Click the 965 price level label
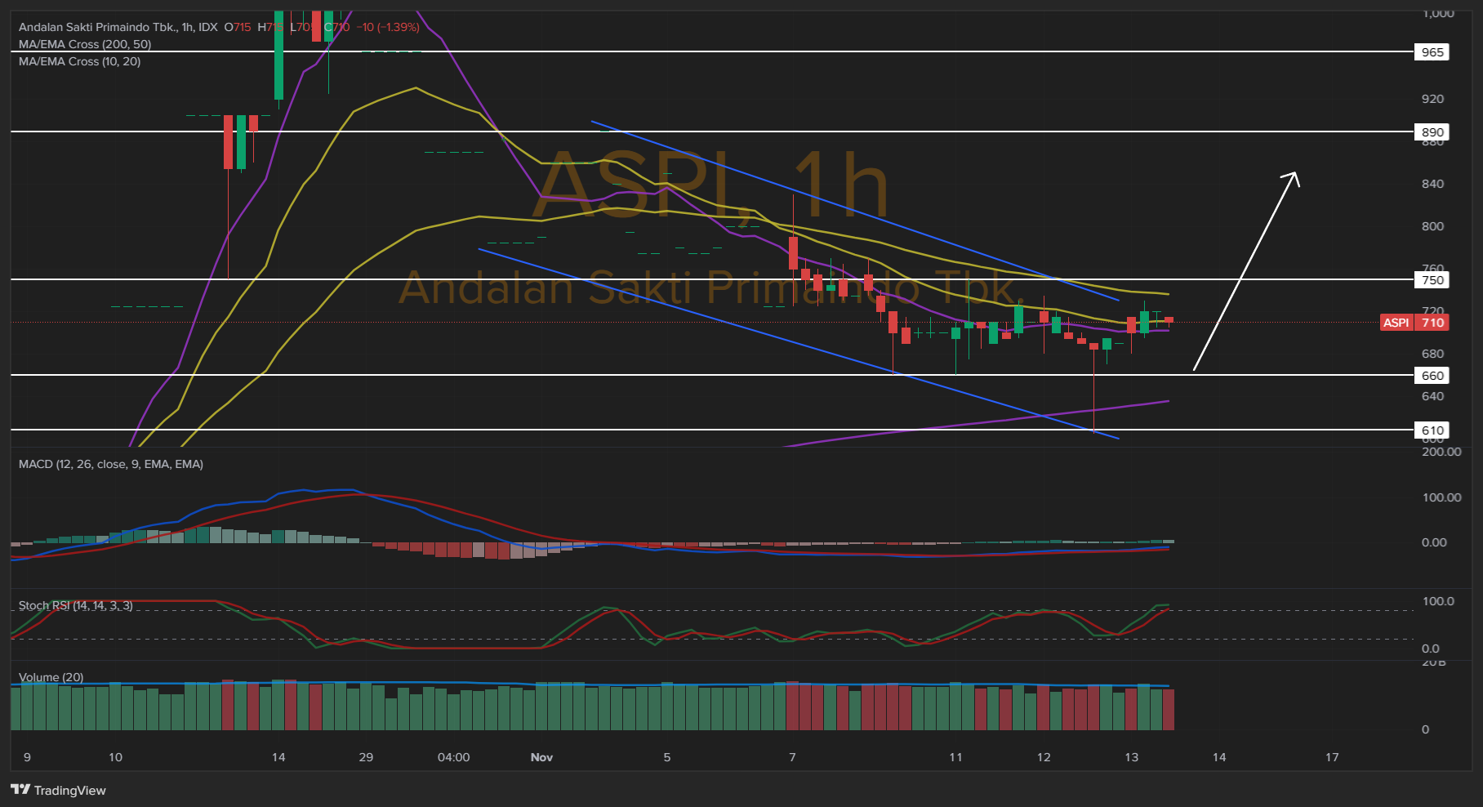click(1432, 52)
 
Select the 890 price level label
click(1432, 132)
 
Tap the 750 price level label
click(1432, 280)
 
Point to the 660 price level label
click(1432, 376)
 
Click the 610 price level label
click(1432, 430)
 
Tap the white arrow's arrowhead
click(1293, 176)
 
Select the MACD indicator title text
click(111, 464)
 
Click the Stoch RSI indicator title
click(75, 605)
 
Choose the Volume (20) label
click(51, 677)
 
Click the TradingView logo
click(58, 790)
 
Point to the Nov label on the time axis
click(541, 757)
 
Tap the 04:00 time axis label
click(453, 757)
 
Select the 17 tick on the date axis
click(1332, 757)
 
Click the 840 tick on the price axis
click(1432, 184)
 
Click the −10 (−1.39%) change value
click(389, 27)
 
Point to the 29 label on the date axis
click(366, 757)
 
